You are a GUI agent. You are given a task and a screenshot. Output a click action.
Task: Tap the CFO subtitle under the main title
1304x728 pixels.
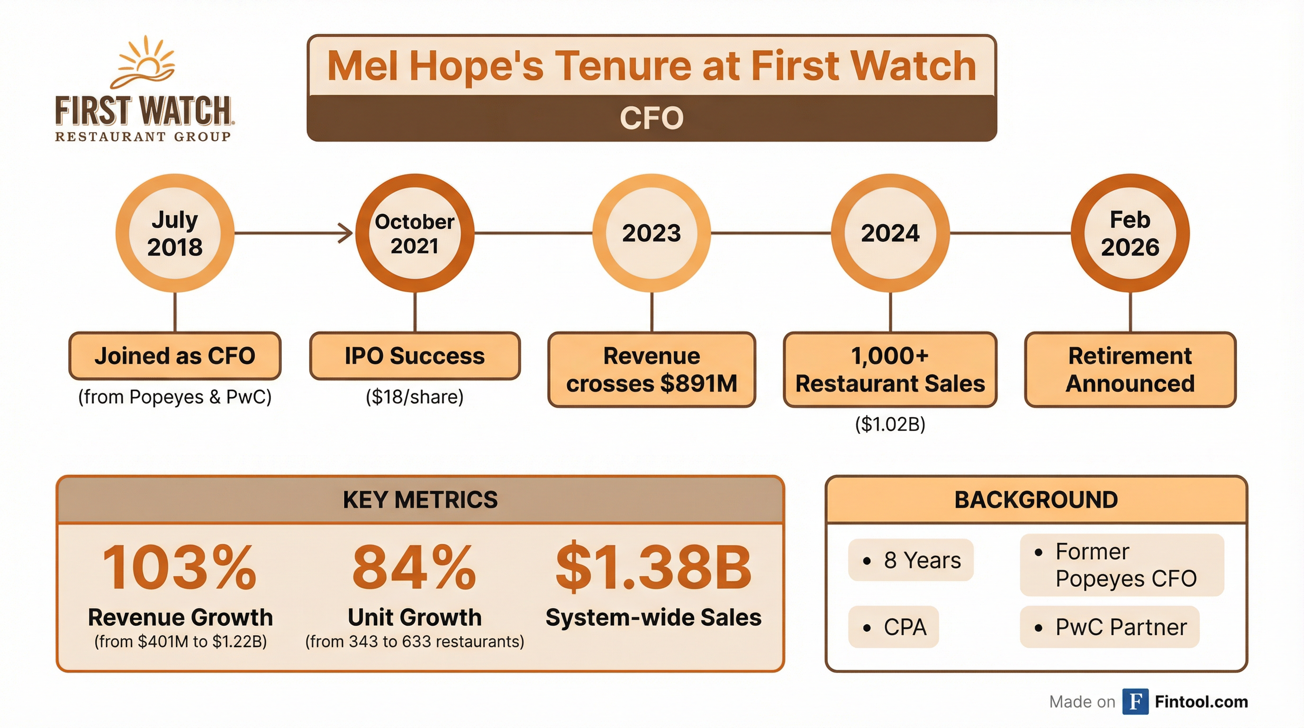coord(652,118)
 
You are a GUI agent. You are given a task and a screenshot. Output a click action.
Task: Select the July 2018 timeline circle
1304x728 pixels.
coord(175,233)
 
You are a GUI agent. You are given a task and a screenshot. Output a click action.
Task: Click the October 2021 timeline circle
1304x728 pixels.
coord(415,233)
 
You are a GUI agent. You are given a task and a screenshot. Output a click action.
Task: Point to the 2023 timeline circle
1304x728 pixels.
coord(652,233)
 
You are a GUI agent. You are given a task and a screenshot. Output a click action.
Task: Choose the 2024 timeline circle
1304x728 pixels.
coord(890,233)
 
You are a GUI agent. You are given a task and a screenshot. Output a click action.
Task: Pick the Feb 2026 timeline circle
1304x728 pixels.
coord(1130,233)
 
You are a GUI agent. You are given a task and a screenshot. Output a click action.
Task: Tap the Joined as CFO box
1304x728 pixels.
coord(175,356)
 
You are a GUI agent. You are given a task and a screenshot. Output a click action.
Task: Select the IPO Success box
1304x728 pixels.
coord(415,356)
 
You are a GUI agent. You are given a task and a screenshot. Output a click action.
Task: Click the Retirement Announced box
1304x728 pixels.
coord(1130,370)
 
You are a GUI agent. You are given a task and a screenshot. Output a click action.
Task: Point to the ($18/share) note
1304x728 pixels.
coord(415,397)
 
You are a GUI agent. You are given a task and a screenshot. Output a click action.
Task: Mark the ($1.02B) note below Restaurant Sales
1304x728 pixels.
coord(890,424)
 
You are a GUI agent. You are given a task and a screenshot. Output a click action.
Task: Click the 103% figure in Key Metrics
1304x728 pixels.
coord(180,568)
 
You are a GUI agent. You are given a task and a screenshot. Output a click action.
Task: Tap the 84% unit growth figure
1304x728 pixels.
coord(414,568)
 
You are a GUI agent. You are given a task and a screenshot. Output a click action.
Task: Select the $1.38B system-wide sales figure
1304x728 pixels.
coord(653,568)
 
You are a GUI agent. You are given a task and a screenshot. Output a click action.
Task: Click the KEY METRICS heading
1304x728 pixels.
coord(420,500)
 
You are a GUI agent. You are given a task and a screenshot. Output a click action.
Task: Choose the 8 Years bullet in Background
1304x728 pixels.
coord(911,560)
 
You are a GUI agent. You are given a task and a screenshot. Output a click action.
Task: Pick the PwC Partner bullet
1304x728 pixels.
coord(1110,627)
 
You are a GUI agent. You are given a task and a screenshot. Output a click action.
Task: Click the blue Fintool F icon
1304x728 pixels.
coord(1135,701)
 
